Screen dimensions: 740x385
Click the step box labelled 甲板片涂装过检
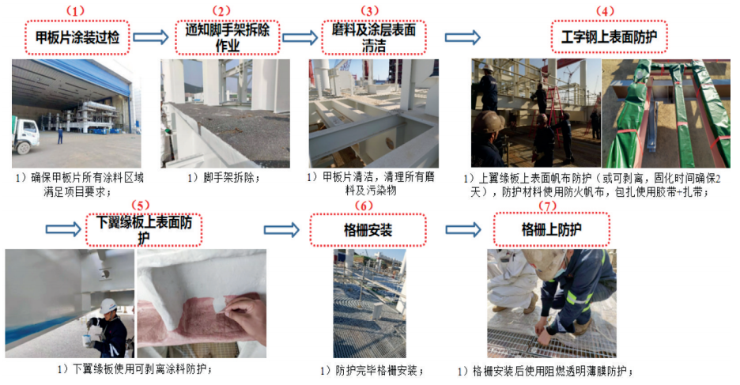point(77,38)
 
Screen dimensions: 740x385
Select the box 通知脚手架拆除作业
point(228,38)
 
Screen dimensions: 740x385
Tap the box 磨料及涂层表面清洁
point(374,38)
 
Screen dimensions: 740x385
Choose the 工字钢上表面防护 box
point(610,37)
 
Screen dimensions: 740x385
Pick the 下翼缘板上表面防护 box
point(144,230)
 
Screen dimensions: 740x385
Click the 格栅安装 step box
point(368,230)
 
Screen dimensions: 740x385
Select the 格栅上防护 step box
point(552,230)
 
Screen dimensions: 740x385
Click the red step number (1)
point(75,11)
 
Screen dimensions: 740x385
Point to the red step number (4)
point(606,11)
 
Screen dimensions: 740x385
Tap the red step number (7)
point(547,206)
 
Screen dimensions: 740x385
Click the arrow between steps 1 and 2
point(151,37)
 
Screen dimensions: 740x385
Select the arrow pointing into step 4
point(462,37)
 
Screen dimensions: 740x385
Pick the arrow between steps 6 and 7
point(463,230)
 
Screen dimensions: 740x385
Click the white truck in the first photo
point(25,136)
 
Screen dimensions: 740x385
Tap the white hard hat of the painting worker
point(108,306)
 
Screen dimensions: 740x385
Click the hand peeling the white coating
point(244,317)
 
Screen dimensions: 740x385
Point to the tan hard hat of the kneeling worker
point(544,263)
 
